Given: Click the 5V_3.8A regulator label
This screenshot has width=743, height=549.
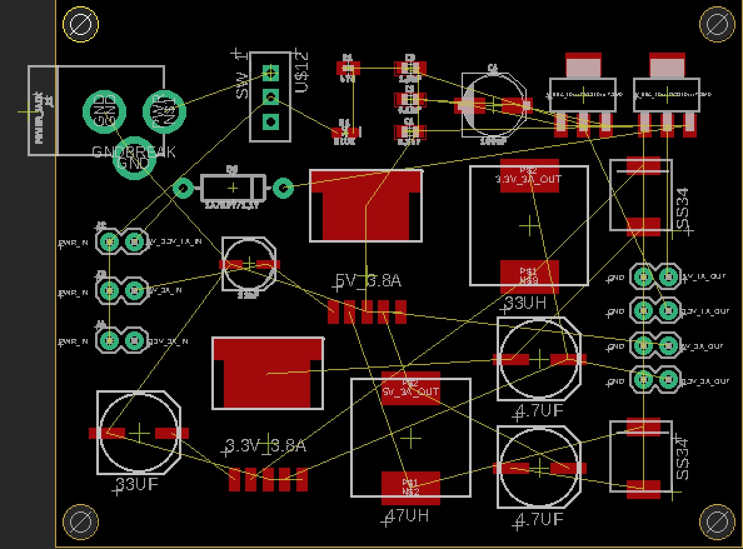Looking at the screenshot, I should pos(368,281).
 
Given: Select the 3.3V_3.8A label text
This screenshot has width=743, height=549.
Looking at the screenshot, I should pos(266,446).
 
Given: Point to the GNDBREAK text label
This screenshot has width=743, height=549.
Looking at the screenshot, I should pos(134,152).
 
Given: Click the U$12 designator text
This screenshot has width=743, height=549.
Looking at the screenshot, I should pos(301,72).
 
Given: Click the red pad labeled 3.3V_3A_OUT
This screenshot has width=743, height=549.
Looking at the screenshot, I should pos(529,176).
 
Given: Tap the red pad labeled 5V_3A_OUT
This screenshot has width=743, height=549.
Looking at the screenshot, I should pos(411,388).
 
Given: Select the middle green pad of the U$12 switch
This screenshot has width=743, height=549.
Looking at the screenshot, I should pos(270,97).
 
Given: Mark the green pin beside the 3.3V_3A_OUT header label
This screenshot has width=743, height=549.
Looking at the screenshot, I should pos(669,379).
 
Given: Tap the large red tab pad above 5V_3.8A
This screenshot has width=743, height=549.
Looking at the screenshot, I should pos(365,205).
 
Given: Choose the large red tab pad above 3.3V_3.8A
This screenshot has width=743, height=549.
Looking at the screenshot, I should pos(268,373).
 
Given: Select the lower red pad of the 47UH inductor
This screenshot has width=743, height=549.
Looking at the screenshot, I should pos(410,486).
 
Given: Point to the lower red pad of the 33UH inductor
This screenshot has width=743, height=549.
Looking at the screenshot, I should pos(529,276).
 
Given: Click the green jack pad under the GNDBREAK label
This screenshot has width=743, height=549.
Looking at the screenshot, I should pos(134,159).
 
